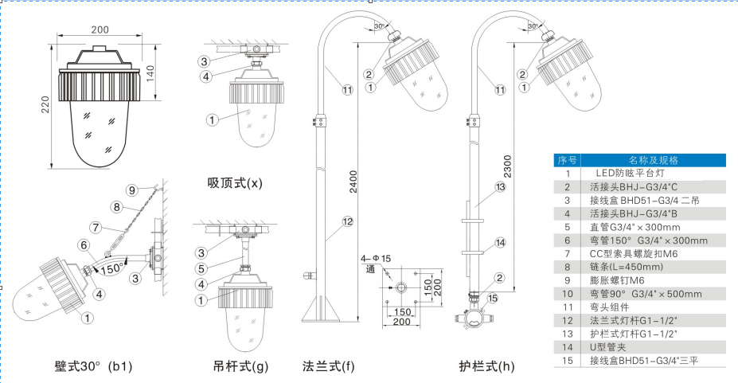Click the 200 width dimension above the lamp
point(100,29)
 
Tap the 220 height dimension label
point(45,105)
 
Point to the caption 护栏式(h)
point(486,366)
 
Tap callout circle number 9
point(133,190)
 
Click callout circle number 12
point(347,222)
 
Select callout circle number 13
point(500,187)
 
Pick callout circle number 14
point(500,242)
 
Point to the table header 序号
point(567,159)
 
